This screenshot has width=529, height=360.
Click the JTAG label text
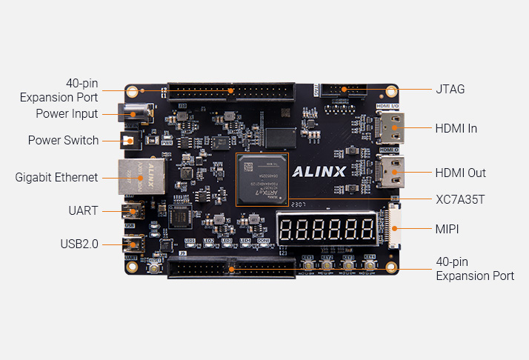(450, 89)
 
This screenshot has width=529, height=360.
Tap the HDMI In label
(456, 128)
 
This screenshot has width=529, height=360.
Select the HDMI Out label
(460, 173)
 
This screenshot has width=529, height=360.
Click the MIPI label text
(447, 229)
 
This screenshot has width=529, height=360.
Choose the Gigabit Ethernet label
(56, 177)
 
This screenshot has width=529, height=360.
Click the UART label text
(83, 210)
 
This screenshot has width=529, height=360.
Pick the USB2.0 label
(79, 244)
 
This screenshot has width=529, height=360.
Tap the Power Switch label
(63, 140)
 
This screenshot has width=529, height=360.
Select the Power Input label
(67, 114)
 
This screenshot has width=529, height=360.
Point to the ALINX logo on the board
(319, 173)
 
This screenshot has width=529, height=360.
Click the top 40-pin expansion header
(230, 92)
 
